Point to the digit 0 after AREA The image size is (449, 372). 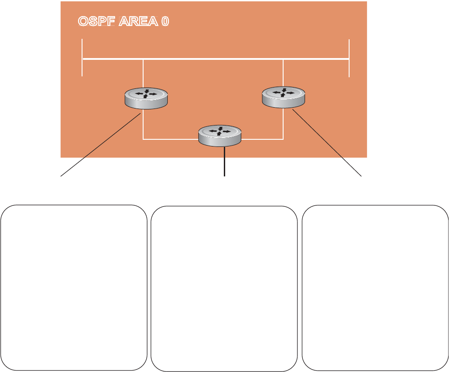click(x=165, y=21)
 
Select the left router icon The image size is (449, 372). click(x=146, y=98)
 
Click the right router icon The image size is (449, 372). click(x=284, y=97)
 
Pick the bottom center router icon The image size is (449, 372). click(x=220, y=136)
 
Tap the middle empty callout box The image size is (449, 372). click(x=224, y=288)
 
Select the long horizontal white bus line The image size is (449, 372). click(x=214, y=59)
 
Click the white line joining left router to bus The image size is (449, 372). click(x=143, y=73)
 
